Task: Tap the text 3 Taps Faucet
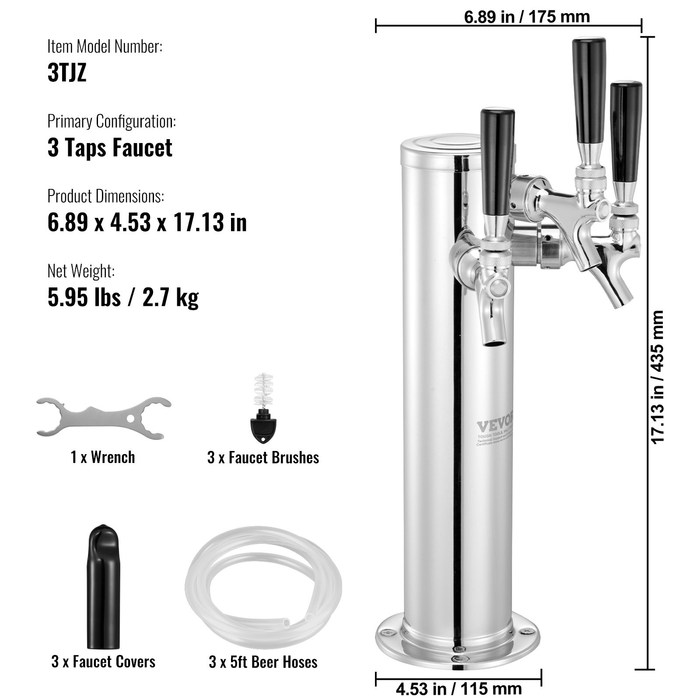tap(110, 147)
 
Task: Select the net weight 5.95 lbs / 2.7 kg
tap(123, 297)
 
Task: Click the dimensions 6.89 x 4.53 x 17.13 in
tap(147, 222)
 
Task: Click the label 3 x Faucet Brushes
tap(263, 458)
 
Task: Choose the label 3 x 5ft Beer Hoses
tap(263, 662)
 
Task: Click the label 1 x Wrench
tap(103, 457)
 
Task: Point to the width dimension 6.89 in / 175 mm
tap(526, 17)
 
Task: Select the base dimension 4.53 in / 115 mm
tap(458, 689)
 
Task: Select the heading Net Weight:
tap(81, 271)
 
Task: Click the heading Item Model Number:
tap(105, 46)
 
